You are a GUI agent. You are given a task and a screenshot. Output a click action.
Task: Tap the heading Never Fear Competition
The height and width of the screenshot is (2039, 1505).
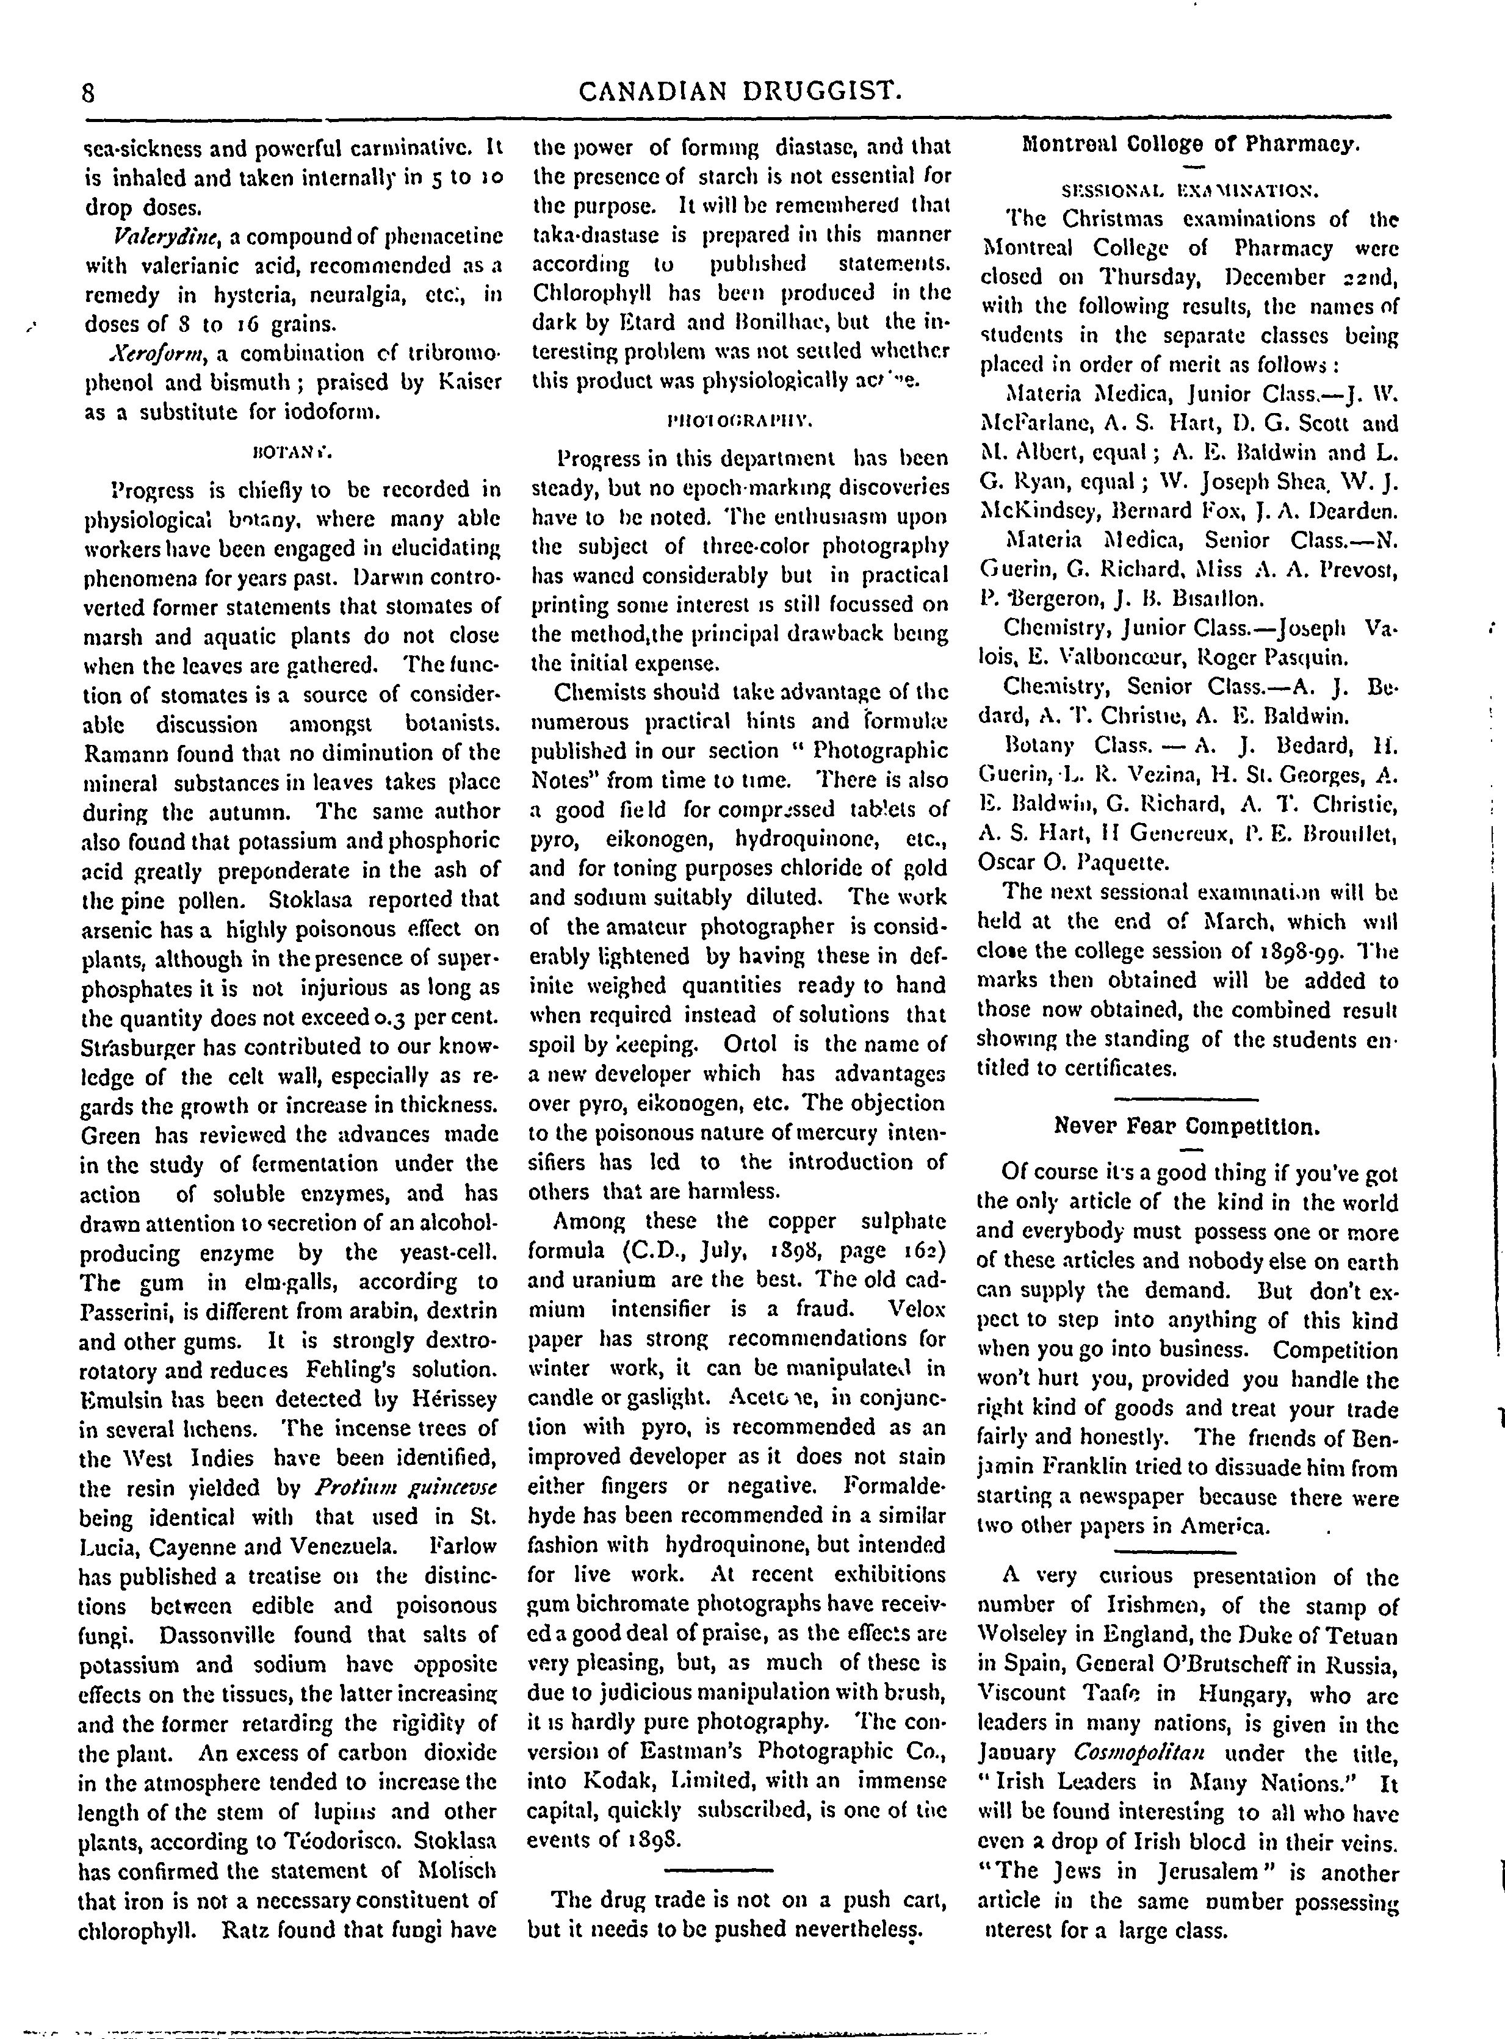[x=1186, y=1126]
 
